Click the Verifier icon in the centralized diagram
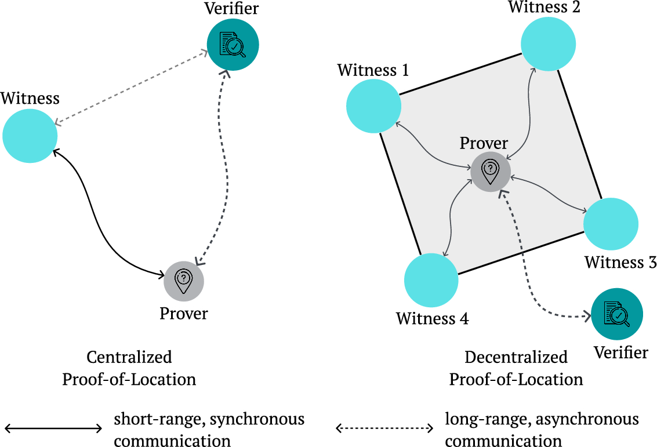233,45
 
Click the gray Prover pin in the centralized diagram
183,281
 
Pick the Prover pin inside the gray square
490,172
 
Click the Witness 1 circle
373,106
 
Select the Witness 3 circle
611,224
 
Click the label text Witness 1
373,71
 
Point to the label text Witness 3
620,262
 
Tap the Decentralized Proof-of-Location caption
516,368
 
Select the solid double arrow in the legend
53,429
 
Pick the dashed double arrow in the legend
385,429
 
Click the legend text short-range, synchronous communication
209,430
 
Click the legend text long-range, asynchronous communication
541,430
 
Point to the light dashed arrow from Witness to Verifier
130,87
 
